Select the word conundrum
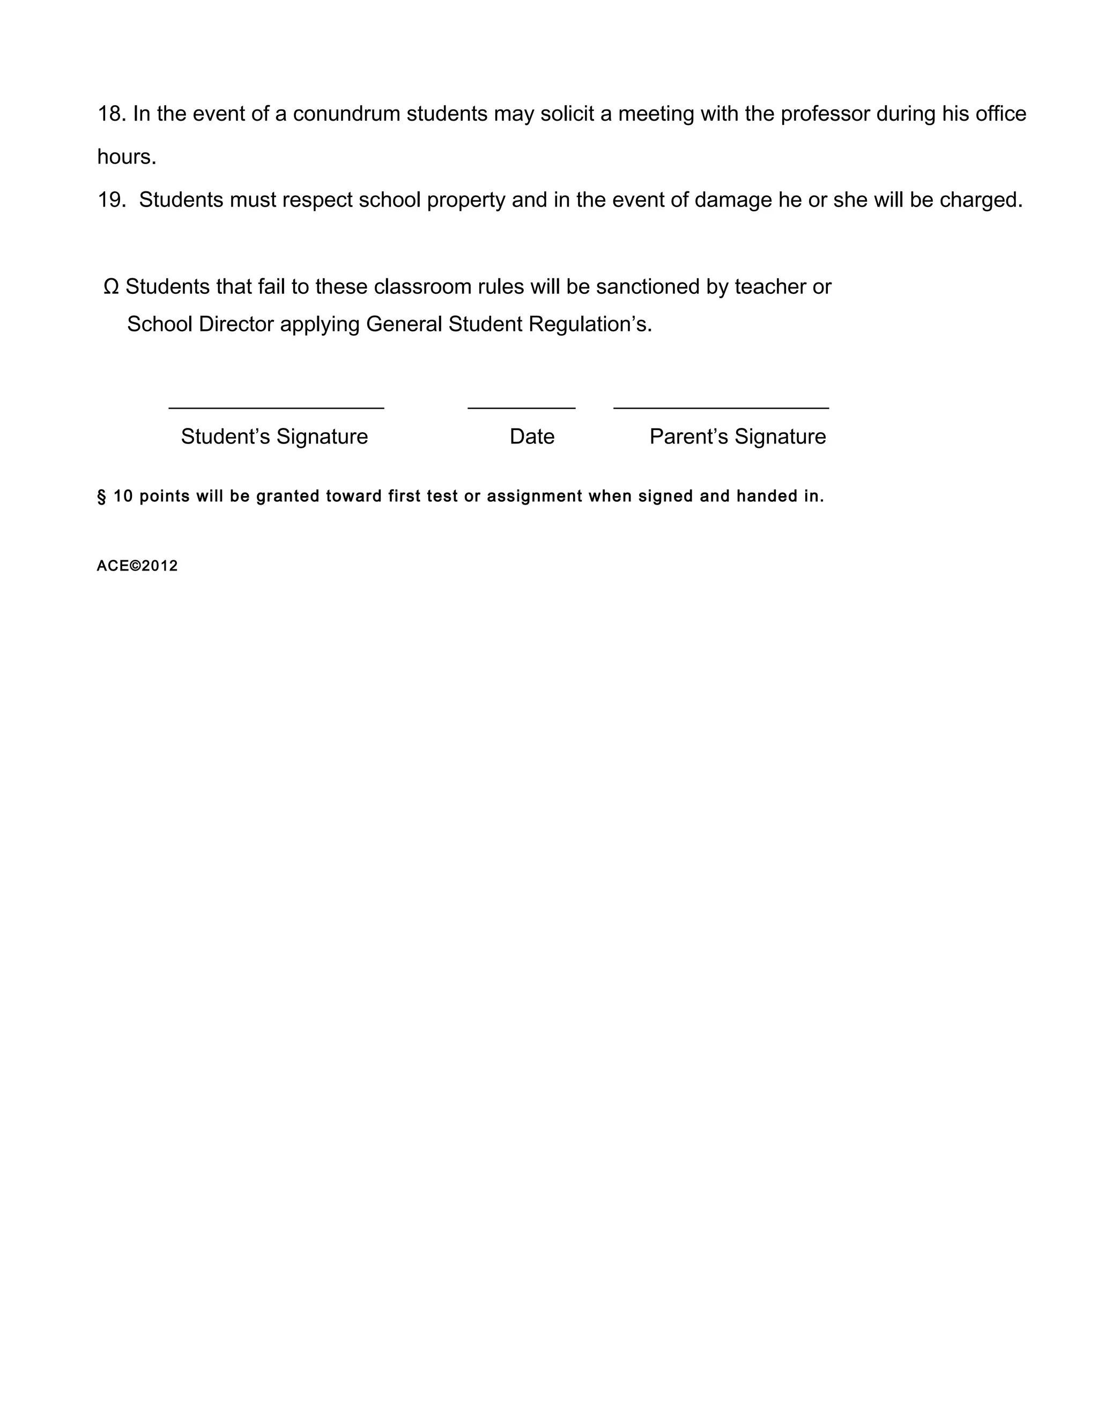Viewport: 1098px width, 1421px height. pyautogui.click(x=346, y=114)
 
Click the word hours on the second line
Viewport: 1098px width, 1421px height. pyautogui.click(x=126, y=157)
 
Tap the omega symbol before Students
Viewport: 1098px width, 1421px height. pyautogui.click(x=111, y=287)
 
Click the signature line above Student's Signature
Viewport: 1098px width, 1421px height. pyautogui.click(x=276, y=408)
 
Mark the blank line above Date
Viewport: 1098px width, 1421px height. pyautogui.click(x=521, y=408)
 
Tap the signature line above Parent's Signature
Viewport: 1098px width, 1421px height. pyautogui.click(x=721, y=408)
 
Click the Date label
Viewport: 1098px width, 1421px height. pyautogui.click(x=532, y=436)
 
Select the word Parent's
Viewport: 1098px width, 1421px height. pyautogui.click(x=689, y=436)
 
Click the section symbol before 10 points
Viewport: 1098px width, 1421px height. pyautogui.click(x=101, y=497)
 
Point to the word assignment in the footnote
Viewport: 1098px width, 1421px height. pyautogui.click(x=535, y=497)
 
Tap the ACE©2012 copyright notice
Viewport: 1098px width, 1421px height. pyautogui.click(x=137, y=566)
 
